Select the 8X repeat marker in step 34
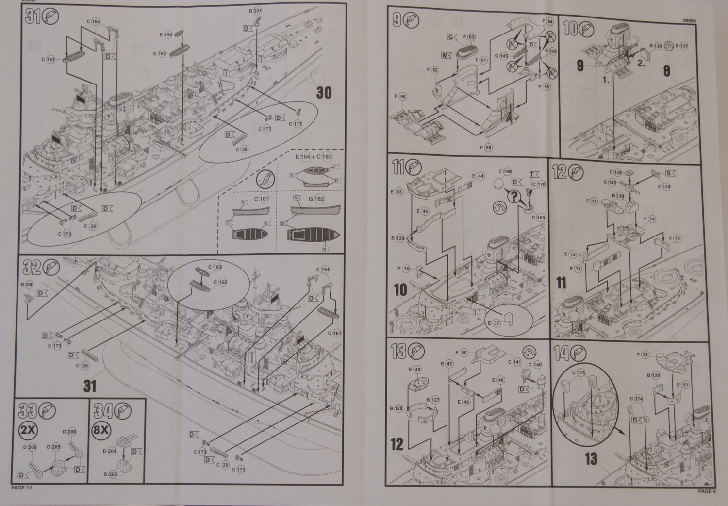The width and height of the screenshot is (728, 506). pos(101,430)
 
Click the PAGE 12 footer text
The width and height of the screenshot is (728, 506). pos(21,488)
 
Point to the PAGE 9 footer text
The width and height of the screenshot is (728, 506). pos(707,491)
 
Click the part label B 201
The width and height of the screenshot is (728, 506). pos(255,11)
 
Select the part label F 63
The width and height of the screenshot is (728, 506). pos(469,37)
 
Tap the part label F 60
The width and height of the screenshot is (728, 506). pos(485,147)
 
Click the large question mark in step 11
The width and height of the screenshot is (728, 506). pos(512,197)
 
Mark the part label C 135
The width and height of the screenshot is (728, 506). pos(663,186)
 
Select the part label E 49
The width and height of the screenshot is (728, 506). pos(415,370)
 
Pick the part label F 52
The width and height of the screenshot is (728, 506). pos(642,355)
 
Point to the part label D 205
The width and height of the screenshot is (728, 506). pos(53,447)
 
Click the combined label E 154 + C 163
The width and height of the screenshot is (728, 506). pos(313,157)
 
